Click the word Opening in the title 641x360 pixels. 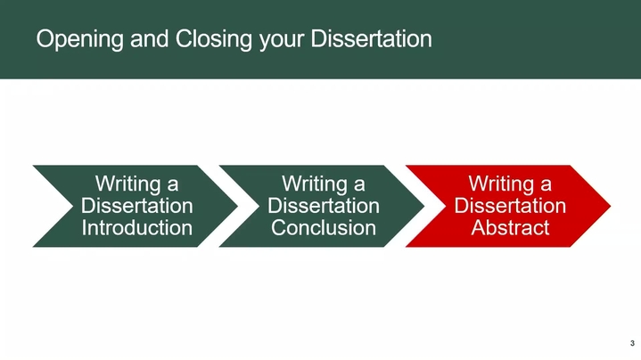click(x=79, y=39)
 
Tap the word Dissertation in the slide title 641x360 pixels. click(x=371, y=39)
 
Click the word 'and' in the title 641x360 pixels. click(x=149, y=39)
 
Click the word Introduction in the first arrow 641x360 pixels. click(x=137, y=227)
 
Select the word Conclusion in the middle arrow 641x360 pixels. click(x=324, y=227)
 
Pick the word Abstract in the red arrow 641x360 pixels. click(x=510, y=227)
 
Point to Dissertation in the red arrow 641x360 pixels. click(x=510, y=206)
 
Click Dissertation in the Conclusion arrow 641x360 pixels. click(x=324, y=206)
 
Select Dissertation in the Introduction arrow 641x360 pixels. click(x=137, y=206)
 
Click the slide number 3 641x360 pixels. click(x=632, y=343)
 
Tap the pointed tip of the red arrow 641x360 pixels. click(x=611, y=206)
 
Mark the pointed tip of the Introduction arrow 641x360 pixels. click(x=237, y=206)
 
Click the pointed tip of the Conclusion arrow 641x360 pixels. click(x=424, y=206)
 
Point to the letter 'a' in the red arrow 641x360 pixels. click(x=546, y=186)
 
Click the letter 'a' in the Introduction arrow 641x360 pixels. click(x=173, y=186)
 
